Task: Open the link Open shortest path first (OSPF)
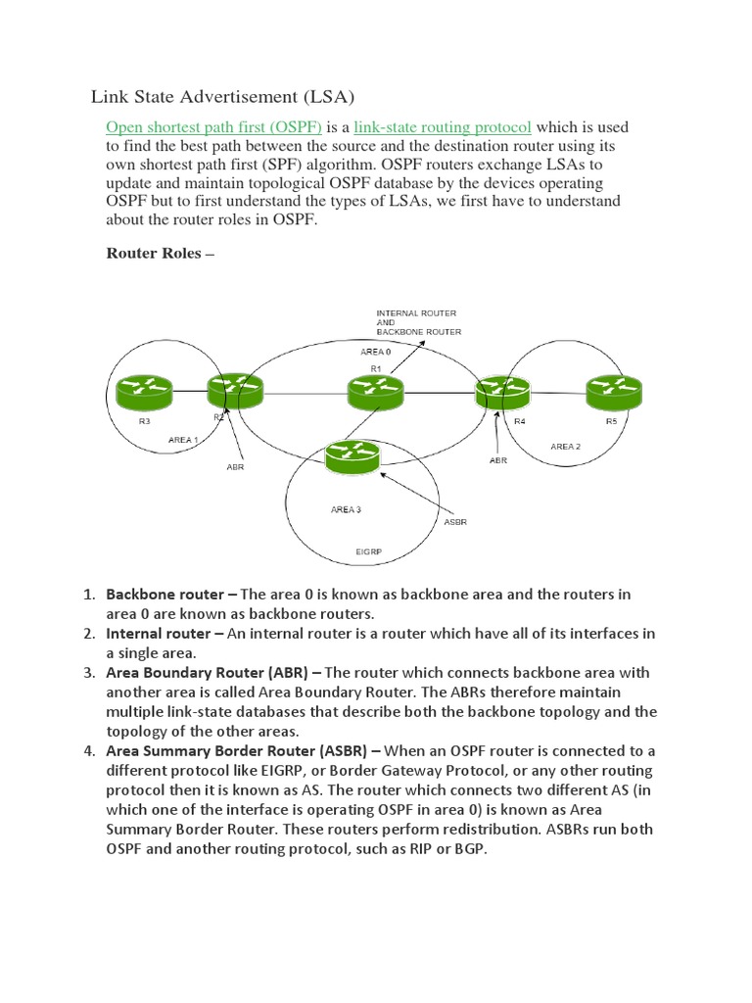213,127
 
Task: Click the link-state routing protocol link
442,127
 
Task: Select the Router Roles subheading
159,253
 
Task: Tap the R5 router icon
614,394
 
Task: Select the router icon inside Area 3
352,458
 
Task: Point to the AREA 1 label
183,440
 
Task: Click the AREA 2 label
565,447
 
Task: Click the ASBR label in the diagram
455,522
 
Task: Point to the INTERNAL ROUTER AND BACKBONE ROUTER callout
418,322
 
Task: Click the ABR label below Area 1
235,467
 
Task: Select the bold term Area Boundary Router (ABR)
213,673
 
